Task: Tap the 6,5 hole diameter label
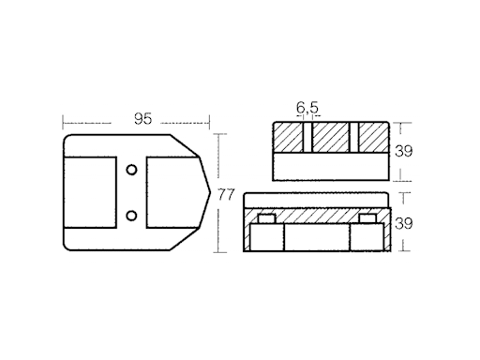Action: pyautogui.click(x=307, y=109)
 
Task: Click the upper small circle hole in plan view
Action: pyautogui.click(x=132, y=168)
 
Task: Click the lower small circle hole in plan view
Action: pyautogui.click(x=132, y=217)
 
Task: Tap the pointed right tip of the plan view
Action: pyautogui.click(x=208, y=193)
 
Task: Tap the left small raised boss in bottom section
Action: pyautogui.click(x=265, y=219)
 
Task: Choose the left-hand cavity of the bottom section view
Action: pyautogui.click(x=263, y=239)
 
